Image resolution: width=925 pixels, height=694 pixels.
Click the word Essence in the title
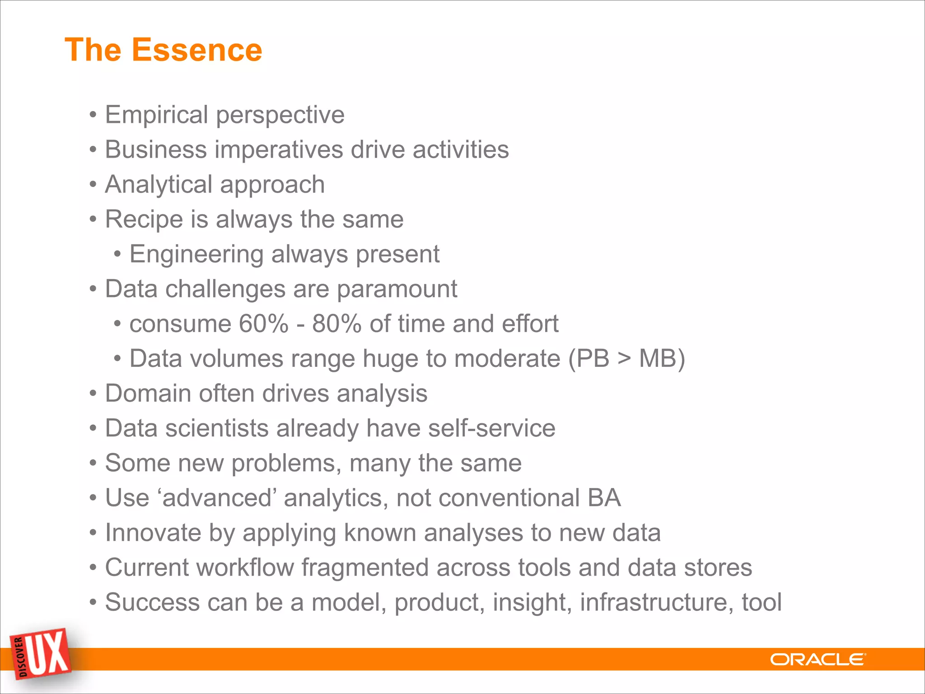coord(196,50)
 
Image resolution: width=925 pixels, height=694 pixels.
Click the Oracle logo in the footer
coord(818,660)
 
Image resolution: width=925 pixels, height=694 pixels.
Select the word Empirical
coord(156,115)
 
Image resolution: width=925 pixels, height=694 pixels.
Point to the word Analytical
coord(159,185)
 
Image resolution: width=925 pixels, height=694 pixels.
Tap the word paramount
coord(397,289)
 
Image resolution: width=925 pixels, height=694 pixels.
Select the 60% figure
coord(263,324)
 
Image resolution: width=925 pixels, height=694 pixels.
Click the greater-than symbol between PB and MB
coord(624,359)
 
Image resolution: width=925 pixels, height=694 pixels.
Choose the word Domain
coord(148,393)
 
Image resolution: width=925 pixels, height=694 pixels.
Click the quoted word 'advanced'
coord(217,498)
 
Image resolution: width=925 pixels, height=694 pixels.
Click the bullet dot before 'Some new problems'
coord(93,464)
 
